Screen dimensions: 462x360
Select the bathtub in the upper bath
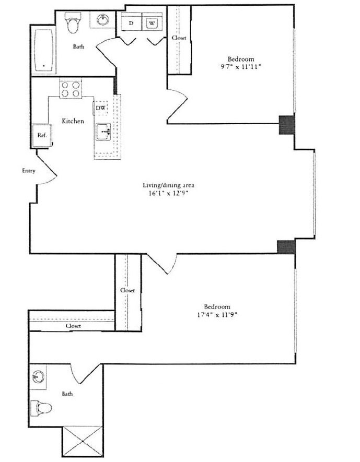click(44, 51)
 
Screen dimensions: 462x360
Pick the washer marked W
click(151, 23)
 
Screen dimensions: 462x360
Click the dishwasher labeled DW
click(101, 108)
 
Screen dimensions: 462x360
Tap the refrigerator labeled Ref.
click(42, 135)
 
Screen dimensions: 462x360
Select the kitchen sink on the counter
click(103, 133)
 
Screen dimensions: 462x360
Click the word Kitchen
click(73, 121)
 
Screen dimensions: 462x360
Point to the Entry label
click(28, 171)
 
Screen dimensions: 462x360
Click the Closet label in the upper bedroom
click(179, 38)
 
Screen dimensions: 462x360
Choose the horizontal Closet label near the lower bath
click(73, 326)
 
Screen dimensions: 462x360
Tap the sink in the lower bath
click(38, 376)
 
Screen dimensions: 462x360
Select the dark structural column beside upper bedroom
click(287, 124)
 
